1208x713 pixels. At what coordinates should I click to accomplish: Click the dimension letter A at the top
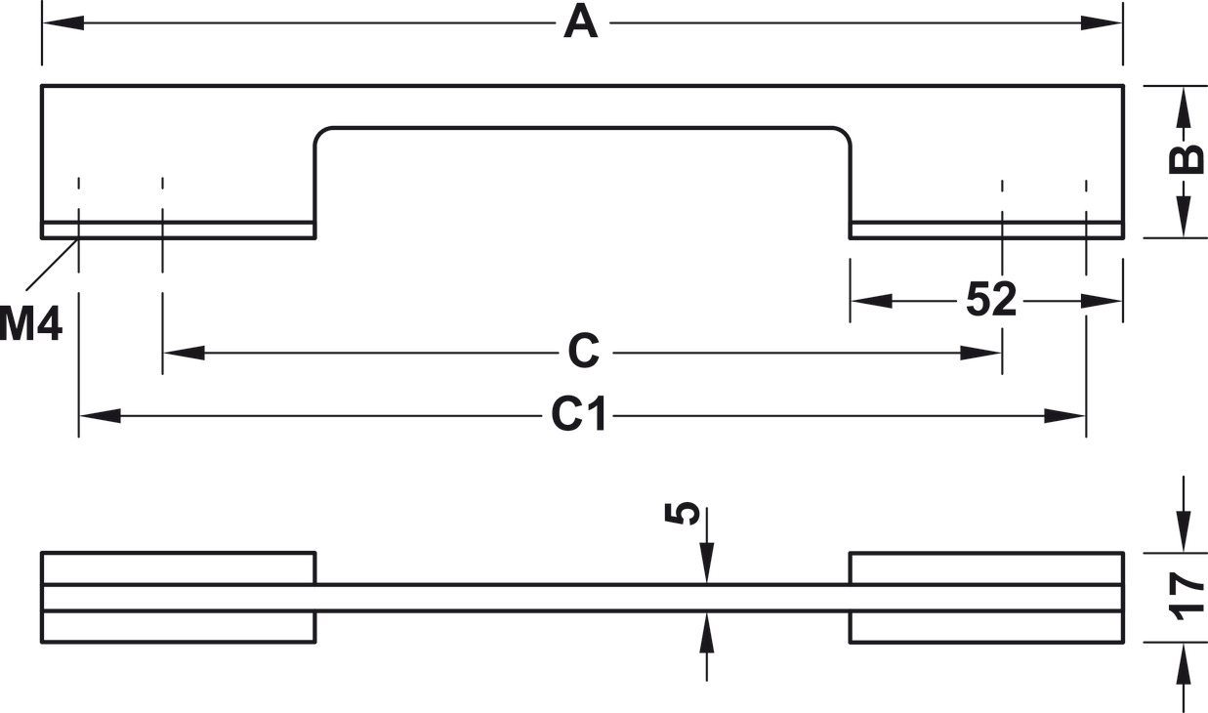(580, 22)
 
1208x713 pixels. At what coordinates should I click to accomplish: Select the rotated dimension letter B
(1185, 159)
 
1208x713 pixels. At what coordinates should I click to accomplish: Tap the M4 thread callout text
(31, 323)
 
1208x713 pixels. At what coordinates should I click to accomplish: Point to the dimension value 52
(991, 300)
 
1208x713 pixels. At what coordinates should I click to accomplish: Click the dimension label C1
(579, 415)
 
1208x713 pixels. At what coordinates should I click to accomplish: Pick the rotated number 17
(1186, 597)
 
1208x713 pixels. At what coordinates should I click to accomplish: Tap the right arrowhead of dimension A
(1104, 22)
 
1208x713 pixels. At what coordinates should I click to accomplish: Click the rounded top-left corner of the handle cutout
(322, 135)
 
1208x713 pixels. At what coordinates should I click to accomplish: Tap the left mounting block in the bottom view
(178, 597)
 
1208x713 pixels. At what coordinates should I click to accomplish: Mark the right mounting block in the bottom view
(986, 597)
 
